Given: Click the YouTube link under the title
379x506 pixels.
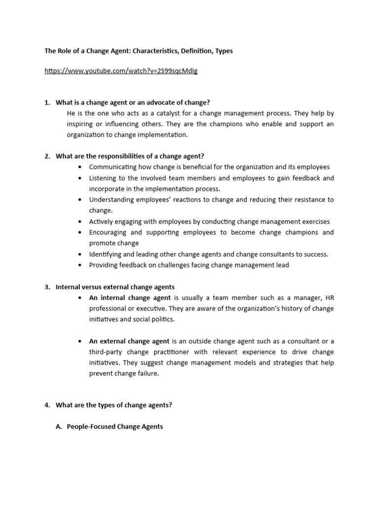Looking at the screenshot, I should pyautogui.click(x=121, y=71).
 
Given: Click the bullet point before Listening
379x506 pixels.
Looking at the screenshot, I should pyautogui.click(x=80, y=178).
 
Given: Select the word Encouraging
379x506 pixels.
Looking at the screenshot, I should pyautogui.click(x=109, y=232).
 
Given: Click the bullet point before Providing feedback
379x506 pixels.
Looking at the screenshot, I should pyautogui.click(x=80, y=265).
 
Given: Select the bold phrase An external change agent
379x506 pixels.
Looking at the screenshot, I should pyautogui.click(x=129, y=341).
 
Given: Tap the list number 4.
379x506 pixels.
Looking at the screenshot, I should pyautogui.click(x=47, y=405).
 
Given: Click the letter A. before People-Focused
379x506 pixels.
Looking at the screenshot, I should pyautogui.click(x=59, y=426).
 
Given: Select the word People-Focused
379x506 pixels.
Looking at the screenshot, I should pyautogui.click(x=91, y=426).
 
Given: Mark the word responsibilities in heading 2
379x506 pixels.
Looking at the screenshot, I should pyautogui.click(x=114, y=156).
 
